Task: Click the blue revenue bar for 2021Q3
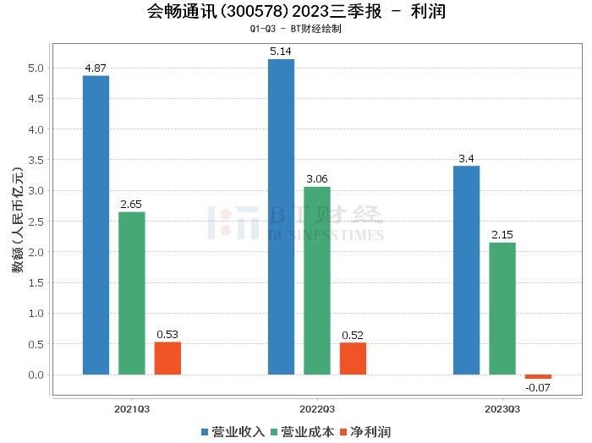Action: (96, 225)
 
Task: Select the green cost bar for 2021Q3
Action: (132, 293)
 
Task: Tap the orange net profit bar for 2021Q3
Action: (167, 358)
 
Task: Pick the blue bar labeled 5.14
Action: (281, 216)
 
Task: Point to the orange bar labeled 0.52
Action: (353, 358)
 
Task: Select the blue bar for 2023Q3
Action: (466, 270)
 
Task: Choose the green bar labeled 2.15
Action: (502, 309)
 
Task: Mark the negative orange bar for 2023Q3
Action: (538, 377)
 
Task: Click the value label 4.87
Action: (96, 68)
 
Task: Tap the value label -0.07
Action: (538, 388)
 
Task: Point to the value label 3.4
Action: (466, 158)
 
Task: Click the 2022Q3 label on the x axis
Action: (317, 408)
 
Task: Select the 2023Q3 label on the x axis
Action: (502, 408)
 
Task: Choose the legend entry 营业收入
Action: (233, 432)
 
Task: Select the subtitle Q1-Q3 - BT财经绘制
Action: (295, 29)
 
